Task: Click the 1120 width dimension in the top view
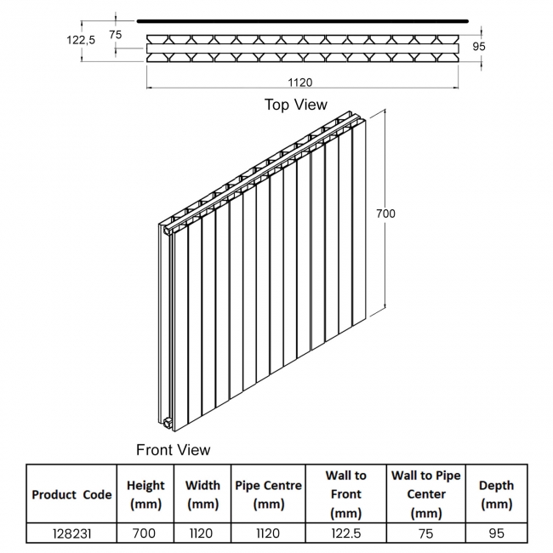click(300, 83)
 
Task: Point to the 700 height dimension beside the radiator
click(385, 214)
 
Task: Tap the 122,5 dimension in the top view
click(81, 40)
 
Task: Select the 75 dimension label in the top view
click(116, 35)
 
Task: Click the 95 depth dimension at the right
click(479, 46)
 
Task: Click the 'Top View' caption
click(296, 105)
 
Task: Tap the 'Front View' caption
click(174, 450)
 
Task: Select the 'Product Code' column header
click(71, 494)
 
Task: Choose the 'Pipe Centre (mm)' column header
click(268, 494)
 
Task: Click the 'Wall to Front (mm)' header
click(346, 494)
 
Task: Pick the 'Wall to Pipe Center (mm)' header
click(426, 494)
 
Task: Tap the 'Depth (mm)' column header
click(496, 494)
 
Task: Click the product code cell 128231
click(72, 533)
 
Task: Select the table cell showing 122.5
click(346, 533)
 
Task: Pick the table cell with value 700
click(145, 533)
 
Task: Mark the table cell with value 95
click(497, 533)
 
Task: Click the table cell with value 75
click(426, 533)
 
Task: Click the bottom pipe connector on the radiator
click(168, 422)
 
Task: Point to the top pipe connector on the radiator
click(167, 231)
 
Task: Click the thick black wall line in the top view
click(303, 21)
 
